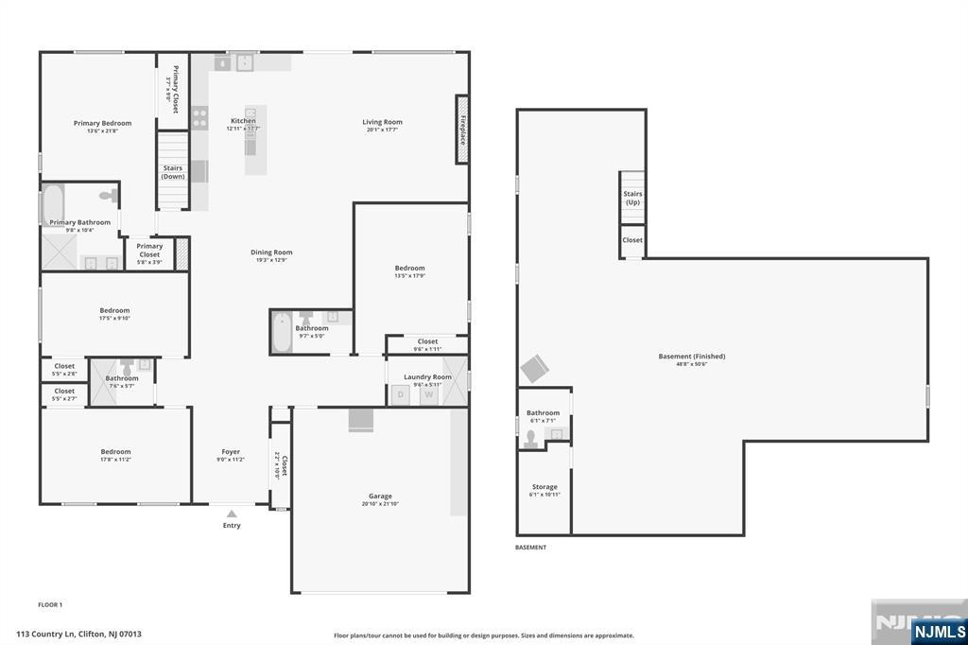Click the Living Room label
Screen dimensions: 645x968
383,122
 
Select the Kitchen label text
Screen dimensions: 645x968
243,121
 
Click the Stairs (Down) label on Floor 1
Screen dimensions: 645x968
173,172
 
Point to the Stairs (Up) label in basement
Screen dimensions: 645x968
632,198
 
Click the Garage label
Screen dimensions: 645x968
380,496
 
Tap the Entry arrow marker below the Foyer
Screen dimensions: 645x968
232,514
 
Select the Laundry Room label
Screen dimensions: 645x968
427,377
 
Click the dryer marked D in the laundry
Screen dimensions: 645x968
400,395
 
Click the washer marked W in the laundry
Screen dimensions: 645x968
428,395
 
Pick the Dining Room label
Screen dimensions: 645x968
271,253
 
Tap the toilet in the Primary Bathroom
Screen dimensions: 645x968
111,196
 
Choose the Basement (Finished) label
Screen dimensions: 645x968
692,357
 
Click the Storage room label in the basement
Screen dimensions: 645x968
544,487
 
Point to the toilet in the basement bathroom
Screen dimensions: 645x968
532,435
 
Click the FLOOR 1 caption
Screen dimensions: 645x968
50,604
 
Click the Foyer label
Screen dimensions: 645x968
231,452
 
